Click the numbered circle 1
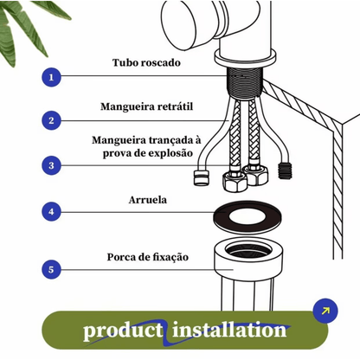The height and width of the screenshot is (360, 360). click(52, 77)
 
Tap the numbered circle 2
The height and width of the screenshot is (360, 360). click(52, 121)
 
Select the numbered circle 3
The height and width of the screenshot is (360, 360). click(52, 165)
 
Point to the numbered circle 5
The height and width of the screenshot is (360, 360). click(52, 270)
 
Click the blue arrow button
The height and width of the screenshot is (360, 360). click(325, 311)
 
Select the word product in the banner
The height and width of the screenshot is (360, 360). click(123, 331)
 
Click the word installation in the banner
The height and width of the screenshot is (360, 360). click(229, 331)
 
